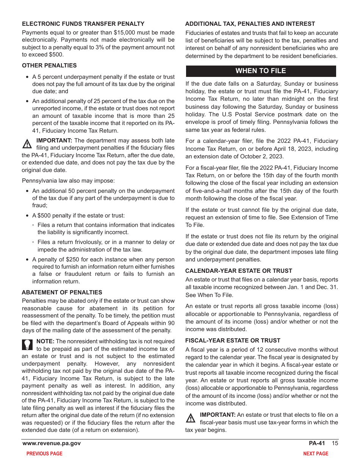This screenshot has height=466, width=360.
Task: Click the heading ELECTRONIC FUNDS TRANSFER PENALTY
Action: point(83,24)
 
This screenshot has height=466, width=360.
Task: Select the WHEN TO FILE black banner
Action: point(261,71)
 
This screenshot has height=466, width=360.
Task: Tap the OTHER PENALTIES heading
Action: point(49,66)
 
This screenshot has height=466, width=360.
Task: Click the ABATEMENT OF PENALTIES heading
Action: point(62,292)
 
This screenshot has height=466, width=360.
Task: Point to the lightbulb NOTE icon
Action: point(28,344)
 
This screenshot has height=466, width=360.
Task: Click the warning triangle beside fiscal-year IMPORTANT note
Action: point(191,418)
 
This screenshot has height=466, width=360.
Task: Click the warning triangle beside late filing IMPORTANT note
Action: point(27,144)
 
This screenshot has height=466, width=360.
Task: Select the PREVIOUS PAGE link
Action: point(44,453)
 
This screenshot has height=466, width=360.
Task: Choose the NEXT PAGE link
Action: point(316,453)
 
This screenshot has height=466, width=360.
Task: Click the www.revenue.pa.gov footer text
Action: point(52,443)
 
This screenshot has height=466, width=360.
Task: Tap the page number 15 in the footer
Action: point(335,443)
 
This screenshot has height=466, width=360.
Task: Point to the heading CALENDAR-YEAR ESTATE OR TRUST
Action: point(239,271)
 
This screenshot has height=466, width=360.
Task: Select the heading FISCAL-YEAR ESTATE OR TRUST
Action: point(233,341)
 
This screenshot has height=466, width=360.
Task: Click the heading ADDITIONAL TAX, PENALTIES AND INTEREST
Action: point(250,24)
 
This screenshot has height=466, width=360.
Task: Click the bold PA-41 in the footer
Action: point(317,443)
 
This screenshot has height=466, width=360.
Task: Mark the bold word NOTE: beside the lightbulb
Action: point(45,341)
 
